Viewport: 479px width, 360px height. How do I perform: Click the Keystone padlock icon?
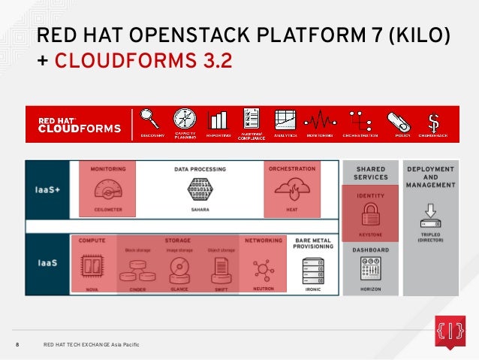(x=369, y=216)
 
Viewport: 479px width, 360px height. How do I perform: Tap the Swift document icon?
(x=221, y=268)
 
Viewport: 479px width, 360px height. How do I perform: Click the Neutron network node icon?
(x=263, y=268)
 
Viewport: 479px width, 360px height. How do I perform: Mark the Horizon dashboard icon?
(x=369, y=268)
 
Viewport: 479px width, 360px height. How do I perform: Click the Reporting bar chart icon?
(x=218, y=120)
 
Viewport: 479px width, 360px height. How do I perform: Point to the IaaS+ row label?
(x=47, y=190)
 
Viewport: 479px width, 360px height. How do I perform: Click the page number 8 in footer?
(x=19, y=344)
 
